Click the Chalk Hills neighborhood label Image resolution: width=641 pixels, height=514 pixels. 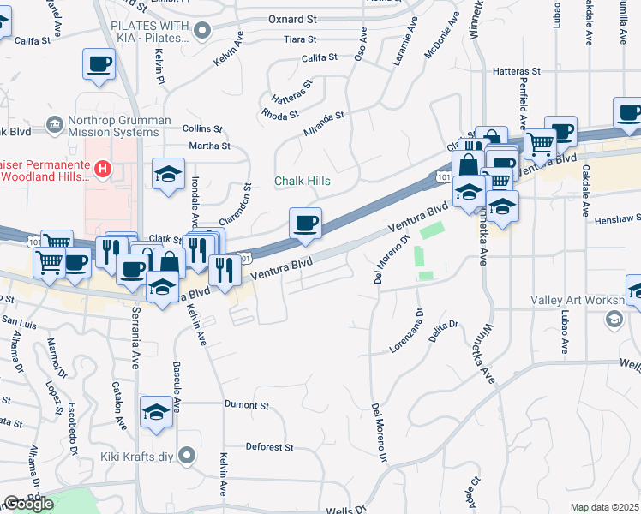click(302, 182)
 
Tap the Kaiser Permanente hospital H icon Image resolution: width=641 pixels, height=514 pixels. click(103, 169)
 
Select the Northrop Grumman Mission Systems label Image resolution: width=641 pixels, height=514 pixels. click(114, 127)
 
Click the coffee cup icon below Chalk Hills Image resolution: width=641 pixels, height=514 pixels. click(306, 224)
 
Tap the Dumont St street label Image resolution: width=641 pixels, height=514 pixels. click(247, 404)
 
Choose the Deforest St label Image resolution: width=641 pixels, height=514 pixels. click(270, 447)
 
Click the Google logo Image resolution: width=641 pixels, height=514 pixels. click(28, 504)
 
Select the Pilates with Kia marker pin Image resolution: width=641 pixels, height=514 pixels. click(203, 32)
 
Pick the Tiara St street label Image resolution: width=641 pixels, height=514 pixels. click(300, 39)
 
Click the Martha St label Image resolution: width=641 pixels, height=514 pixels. click(210, 146)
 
